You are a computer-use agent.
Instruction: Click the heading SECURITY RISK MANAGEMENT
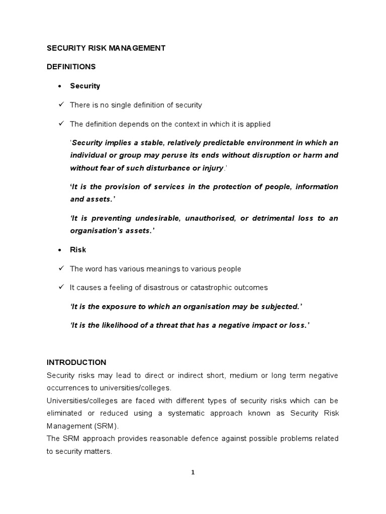coord(106,48)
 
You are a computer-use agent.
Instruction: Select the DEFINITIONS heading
coord(71,67)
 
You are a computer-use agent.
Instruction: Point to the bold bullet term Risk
coord(78,249)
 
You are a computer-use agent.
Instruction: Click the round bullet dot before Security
coord(60,86)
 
